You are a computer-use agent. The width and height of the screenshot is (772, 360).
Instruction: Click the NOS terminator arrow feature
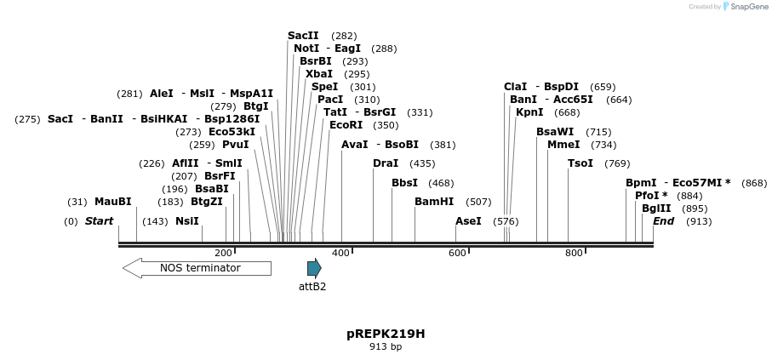[x=197, y=268]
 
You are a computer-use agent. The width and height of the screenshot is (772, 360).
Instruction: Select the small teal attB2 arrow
[x=314, y=268]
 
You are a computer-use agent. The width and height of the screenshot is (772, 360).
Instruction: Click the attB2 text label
[x=312, y=287]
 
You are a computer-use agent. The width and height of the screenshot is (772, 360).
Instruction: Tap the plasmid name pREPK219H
[x=386, y=334]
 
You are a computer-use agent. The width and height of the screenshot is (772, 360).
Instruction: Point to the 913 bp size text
[x=386, y=347]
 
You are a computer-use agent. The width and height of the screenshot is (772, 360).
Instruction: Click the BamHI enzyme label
[x=434, y=202]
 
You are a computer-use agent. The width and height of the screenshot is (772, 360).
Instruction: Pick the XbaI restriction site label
[x=319, y=74]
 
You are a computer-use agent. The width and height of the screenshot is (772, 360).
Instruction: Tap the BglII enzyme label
[x=656, y=209]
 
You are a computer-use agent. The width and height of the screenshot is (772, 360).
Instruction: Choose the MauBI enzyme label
[x=113, y=202]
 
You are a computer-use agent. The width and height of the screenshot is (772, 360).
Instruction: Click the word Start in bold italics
[x=99, y=221]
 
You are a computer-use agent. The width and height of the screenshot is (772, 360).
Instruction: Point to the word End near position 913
[x=663, y=221]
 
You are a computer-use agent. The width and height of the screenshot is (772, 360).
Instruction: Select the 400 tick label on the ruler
[x=340, y=253]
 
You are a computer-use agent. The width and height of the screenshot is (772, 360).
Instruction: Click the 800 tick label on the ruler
[x=574, y=253]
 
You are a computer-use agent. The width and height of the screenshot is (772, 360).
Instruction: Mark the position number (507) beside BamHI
[x=479, y=202]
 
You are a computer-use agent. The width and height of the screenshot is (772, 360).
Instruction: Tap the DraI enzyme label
[x=386, y=163]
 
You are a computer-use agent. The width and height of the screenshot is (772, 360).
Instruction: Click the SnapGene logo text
[x=746, y=7]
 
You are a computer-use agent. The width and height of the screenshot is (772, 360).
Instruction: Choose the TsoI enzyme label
[x=580, y=163]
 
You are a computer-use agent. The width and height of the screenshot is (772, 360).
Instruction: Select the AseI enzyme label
[x=468, y=221]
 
